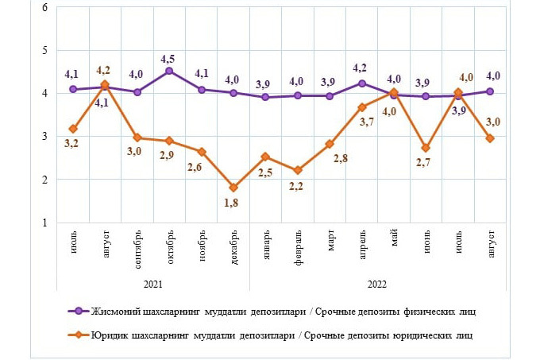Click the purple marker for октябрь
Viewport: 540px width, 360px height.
point(169,72)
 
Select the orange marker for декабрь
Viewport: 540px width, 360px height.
point(233,188)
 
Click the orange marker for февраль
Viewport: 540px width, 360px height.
point(298,170)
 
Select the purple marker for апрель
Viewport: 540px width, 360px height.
point(362,83)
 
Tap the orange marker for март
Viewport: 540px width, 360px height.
point(330,144)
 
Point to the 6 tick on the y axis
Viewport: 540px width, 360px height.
point(44,8)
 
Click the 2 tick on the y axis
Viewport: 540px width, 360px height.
point(44,180)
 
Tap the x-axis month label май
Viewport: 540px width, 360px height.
point(395,239)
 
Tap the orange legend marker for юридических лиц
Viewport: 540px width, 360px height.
point(77,335)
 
